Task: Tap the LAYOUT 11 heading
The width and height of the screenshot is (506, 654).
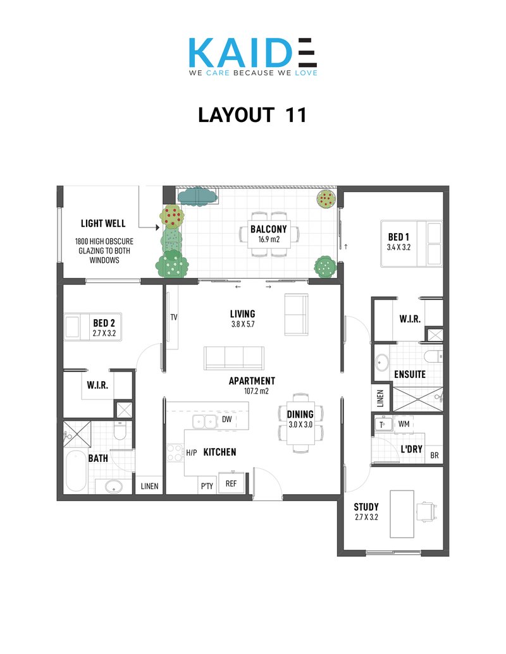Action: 252,115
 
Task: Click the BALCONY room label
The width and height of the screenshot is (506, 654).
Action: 268,229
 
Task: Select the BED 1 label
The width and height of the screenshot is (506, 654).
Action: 398,237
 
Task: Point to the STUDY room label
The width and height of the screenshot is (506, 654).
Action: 366,507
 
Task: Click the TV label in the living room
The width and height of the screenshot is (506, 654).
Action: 174,317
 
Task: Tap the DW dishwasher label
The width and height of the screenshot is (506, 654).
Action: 226,419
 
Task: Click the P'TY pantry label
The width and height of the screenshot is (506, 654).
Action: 207,486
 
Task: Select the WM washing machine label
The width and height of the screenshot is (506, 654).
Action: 404,424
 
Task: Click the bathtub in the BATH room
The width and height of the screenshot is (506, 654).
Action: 77,471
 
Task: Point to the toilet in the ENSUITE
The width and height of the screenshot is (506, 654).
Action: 433,356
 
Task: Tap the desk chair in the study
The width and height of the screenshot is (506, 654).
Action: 426,512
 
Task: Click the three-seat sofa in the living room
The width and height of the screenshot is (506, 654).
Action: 234,358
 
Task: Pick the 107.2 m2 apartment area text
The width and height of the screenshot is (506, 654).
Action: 256,391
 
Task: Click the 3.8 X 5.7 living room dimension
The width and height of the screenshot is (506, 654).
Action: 242,324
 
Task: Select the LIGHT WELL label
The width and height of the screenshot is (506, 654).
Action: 103,224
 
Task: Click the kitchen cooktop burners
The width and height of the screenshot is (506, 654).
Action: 175,453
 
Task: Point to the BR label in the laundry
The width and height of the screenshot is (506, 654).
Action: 434,456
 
